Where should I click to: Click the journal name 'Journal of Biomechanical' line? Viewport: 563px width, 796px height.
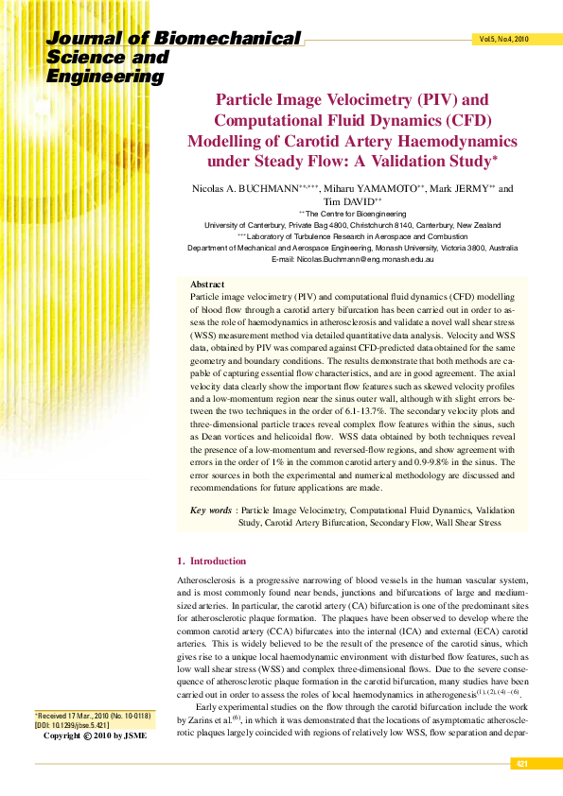tap(174, 39)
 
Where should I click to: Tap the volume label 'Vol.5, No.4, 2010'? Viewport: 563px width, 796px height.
tap(503, 40)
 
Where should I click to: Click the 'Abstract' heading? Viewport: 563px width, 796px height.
tap(207, 284)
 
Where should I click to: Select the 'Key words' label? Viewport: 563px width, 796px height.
tap(210, 510)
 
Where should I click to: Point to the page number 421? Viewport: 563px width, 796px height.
tap(521, 763)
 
